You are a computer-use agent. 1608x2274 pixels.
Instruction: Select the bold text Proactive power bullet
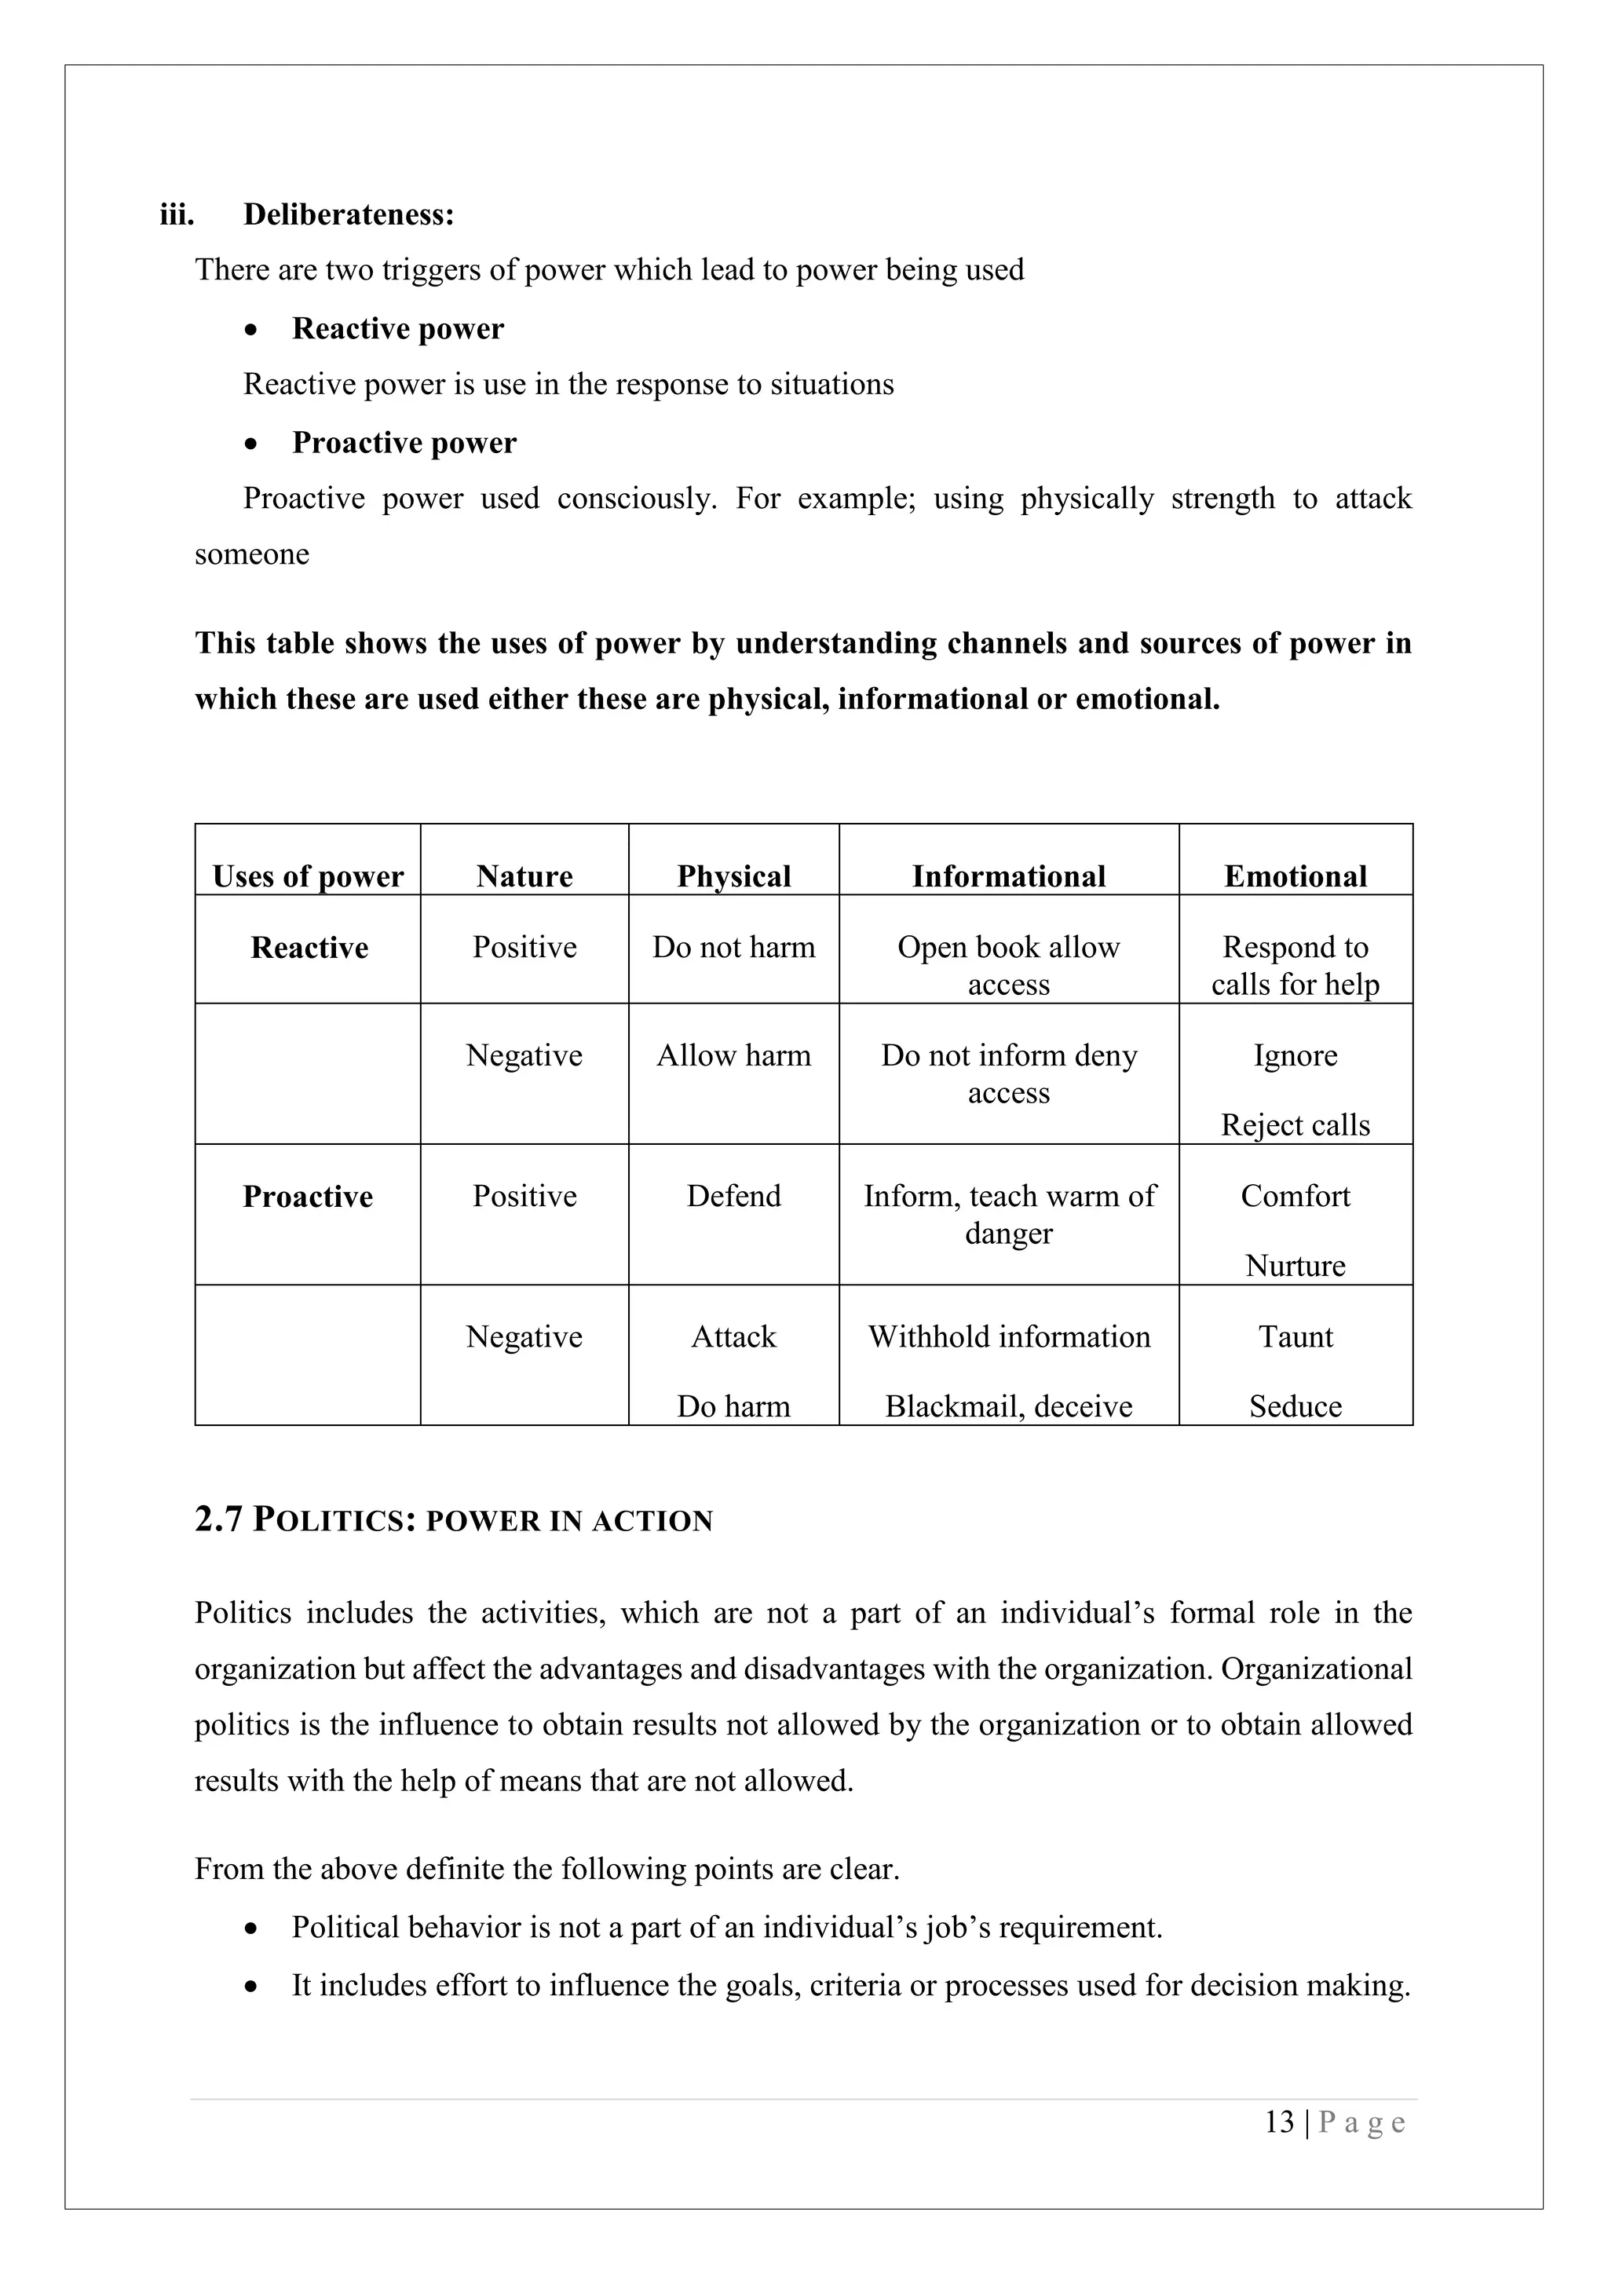404,443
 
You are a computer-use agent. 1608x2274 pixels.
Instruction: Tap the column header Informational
1008,876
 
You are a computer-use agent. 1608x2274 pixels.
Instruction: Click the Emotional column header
1294,876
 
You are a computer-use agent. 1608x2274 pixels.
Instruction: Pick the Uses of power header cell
308,876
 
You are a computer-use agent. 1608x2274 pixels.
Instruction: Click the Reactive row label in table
309,947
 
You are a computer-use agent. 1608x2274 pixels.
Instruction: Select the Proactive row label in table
308,1197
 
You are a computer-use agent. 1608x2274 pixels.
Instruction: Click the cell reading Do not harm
733,947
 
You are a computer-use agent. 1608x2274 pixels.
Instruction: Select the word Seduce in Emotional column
1294,1406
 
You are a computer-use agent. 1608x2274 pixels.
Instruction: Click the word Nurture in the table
1294,1266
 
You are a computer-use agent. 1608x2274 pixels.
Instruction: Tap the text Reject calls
1294,1125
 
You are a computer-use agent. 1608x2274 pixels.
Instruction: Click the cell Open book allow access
1008,965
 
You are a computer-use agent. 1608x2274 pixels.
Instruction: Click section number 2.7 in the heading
217,1519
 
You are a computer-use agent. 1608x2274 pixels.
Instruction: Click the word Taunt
1294,1336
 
